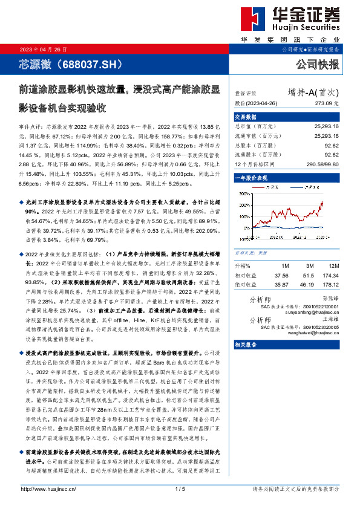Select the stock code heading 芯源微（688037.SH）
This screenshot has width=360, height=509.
coord(71,63)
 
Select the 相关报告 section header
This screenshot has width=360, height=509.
coord(246,345)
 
